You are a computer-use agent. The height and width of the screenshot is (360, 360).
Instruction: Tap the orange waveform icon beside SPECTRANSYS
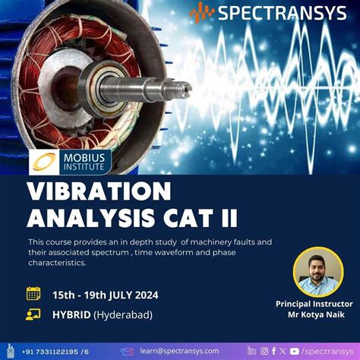pyautogui.click(x=202, y=12)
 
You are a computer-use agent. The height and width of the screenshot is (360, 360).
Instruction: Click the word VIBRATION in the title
pyautogui.click(x=99, y=190)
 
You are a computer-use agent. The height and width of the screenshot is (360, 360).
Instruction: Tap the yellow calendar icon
pyautogui.click(x=33, y=293)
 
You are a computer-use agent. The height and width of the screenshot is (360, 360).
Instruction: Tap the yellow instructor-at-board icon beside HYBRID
pyautogui.click(x=33, y=314)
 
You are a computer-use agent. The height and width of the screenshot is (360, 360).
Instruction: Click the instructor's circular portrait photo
pyautogui.click(x=317, y=271)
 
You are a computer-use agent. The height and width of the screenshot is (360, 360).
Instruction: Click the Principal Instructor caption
pyautogui.click(x=314, y=304)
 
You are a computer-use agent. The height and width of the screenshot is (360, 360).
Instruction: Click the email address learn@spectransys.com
pyautogui.click(x=178, y=351)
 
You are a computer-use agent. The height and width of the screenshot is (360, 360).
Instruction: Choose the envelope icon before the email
pyautogui.click(x=127, y=351)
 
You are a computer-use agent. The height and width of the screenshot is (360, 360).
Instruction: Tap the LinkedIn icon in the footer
pyautogui.click(x=251, y=351)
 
